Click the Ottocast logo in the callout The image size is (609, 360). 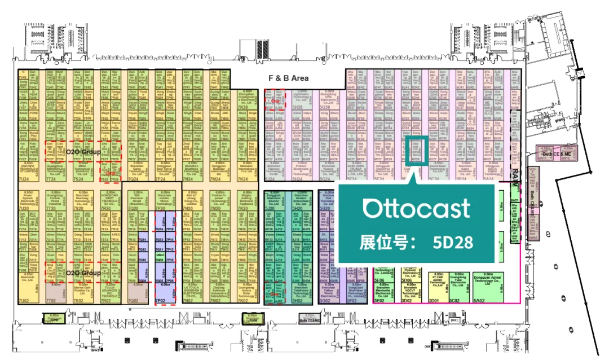416,208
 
